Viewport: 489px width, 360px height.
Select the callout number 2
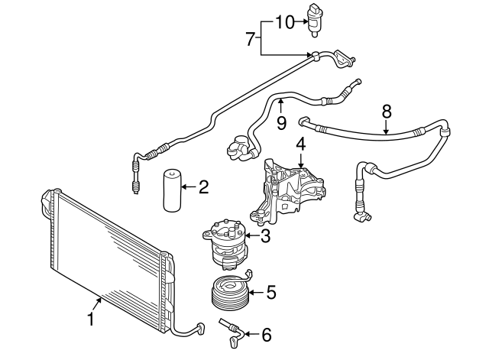(203, 186)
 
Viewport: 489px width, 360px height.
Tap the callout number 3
(265, 236)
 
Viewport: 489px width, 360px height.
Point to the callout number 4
(301, 143)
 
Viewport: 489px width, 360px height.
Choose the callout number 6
(266, 334)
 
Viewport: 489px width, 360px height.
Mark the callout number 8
(387, 111)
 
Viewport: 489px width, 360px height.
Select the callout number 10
(284, 21)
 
